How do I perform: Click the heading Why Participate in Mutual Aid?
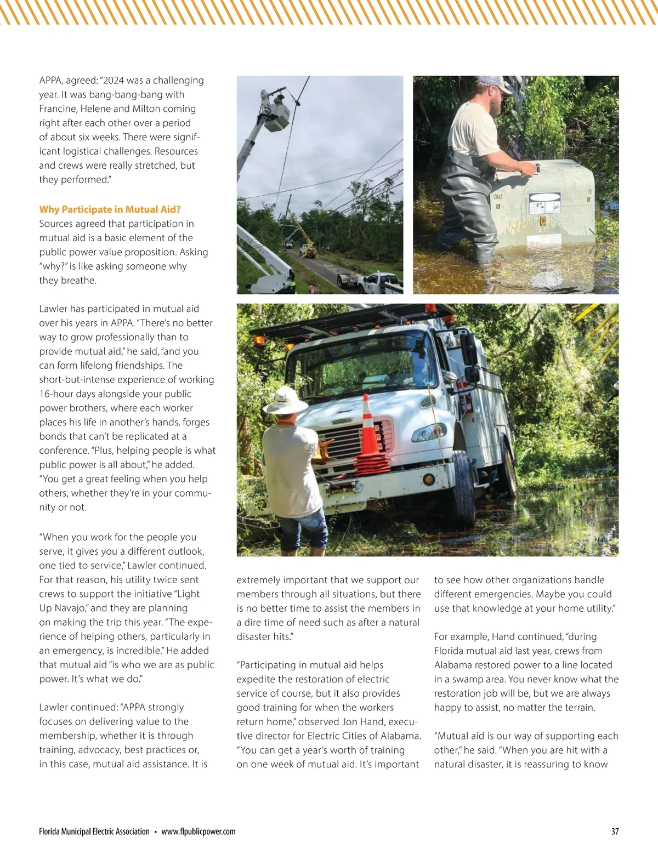[x=110, y=209]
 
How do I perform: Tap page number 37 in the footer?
[x=615, y=832]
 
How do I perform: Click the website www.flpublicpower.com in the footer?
[x=198, y=832]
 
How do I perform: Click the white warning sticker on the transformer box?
[x=544, y=203]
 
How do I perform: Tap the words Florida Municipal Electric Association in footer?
[x=94, y=832]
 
